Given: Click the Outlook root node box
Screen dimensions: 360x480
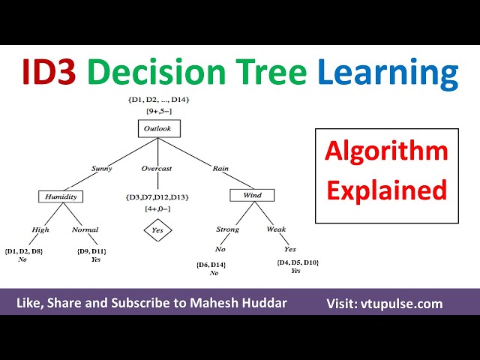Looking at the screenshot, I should click(x=159, y=129).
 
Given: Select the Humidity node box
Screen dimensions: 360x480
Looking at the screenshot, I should click(x=61, y=196).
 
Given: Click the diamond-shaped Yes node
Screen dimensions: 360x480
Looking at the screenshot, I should click(x=157, y=230).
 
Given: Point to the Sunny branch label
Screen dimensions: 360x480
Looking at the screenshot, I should click(x=103, y=168).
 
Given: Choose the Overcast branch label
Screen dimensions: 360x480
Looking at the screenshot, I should click(x=157, y=168).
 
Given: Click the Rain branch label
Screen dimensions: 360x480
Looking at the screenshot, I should click(x=220, y=168).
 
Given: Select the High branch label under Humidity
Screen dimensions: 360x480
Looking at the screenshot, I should click(x=40, y=230).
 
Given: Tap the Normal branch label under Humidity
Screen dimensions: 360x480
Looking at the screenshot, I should click(x=85, y=230).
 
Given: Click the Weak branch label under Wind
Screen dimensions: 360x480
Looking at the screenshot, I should click(x=276, y=230).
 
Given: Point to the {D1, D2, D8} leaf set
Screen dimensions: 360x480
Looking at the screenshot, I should click(x=24, y=250).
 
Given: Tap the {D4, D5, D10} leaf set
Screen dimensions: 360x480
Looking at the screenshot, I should click(x=298, y=262).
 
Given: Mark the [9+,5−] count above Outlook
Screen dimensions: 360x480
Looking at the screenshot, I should click(x=158, y=112).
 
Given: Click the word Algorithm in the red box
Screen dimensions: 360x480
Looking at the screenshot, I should click(x=386, y=152).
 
